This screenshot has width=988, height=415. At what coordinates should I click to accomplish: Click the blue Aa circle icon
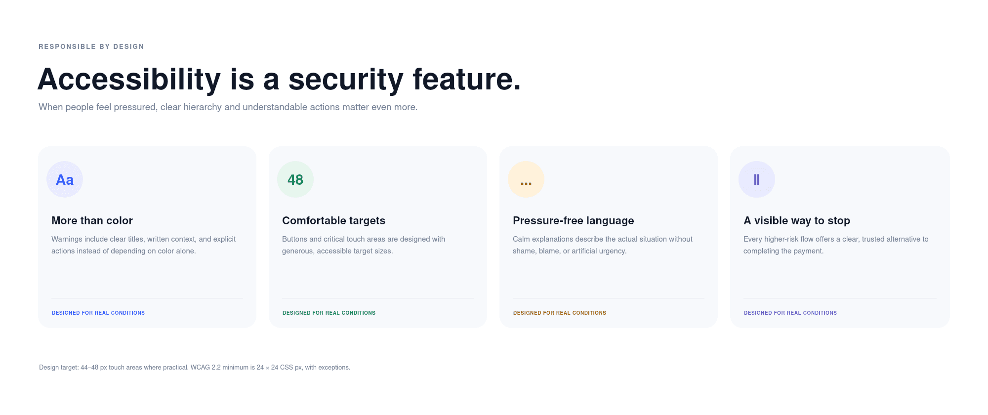coord(65,179)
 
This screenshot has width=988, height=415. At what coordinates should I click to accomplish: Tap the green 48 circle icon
coord(295,179)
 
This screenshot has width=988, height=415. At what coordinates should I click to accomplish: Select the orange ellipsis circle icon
coord(526,179)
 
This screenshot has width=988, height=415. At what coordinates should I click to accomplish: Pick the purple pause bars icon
coord(757,179)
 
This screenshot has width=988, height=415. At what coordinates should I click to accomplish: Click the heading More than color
coord(92,220)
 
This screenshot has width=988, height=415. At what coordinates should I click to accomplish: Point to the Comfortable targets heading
coord(333,220)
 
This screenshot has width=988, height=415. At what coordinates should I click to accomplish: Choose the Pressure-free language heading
coord(573,220)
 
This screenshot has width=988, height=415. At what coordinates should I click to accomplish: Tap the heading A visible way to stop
coord(797,220)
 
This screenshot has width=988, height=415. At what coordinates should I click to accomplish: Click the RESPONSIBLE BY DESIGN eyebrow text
coord(91,46)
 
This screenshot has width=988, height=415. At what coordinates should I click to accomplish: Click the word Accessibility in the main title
coord(129,79)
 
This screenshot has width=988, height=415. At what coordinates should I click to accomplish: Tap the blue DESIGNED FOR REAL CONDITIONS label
coord(98,313)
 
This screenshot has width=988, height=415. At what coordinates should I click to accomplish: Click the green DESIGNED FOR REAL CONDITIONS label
coord(329,313)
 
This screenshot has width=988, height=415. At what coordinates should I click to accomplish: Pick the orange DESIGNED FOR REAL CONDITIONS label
coord(560,313)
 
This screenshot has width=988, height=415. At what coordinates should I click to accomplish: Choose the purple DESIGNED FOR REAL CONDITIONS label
coord(790,313)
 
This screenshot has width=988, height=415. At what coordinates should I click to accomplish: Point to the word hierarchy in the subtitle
coord(203,107)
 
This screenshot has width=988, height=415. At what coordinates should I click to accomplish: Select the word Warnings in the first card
coord(67,239)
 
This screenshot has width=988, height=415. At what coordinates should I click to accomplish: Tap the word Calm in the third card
coord(521,239)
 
